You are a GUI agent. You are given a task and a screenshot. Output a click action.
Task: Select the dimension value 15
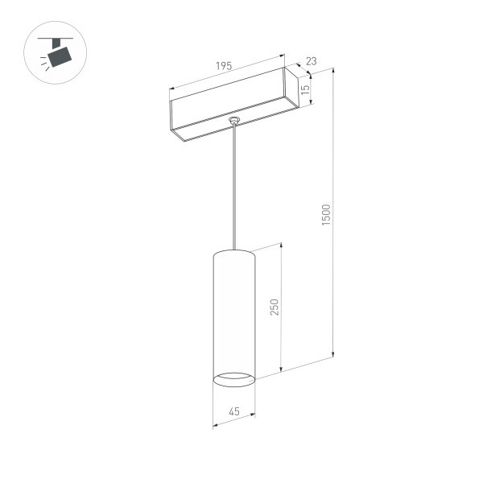tap(306, 91)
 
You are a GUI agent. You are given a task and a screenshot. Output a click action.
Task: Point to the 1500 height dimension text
tap(326, 214)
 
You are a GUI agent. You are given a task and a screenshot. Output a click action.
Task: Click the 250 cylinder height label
tap(273, 308)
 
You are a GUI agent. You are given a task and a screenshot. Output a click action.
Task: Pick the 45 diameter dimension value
tap(233, 411)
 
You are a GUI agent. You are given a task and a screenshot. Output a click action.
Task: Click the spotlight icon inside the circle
tap(57, 55)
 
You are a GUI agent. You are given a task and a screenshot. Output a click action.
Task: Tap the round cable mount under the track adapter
tap(234, 122)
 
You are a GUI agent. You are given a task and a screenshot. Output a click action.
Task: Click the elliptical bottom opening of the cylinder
tap(233, 377)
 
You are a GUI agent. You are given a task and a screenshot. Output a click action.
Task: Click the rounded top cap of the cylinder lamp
tap(233, 254)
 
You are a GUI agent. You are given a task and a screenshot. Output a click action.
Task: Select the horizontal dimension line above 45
tap(233, 420)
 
